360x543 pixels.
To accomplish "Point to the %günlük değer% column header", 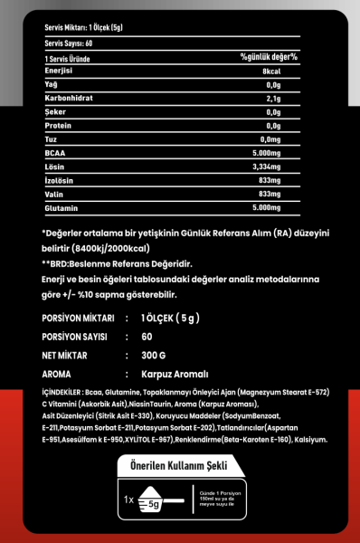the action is tap(269, 57).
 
